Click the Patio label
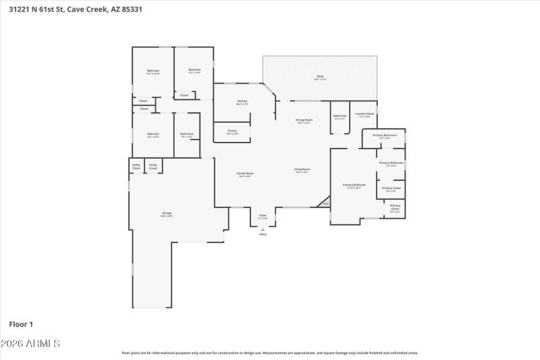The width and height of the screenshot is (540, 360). pos(321,77)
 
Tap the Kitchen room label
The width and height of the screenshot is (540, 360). pos(242,103)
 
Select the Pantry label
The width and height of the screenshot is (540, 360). pos(232,132)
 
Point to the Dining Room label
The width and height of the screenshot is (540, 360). pos(304,121)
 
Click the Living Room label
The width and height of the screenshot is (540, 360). pos(301,170)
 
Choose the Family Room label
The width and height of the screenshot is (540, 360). pos(244,174)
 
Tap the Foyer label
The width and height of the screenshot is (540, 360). pos(263,217)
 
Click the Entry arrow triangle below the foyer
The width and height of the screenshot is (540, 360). pos(263,230)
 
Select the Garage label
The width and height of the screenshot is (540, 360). pos(166,214)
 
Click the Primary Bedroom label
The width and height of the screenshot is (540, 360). pos(354,186)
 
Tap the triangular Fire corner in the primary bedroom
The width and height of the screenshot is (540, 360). pos(325,203)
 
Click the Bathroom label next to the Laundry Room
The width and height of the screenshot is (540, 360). pos(340,116)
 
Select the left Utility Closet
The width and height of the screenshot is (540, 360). pos(136,166)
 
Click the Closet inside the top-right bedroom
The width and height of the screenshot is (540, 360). pos(184,95)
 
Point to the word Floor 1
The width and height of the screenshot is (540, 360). pos(21,324)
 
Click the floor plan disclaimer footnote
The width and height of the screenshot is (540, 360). pos(269,353)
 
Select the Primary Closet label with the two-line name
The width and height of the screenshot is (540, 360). pos(395,208)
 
